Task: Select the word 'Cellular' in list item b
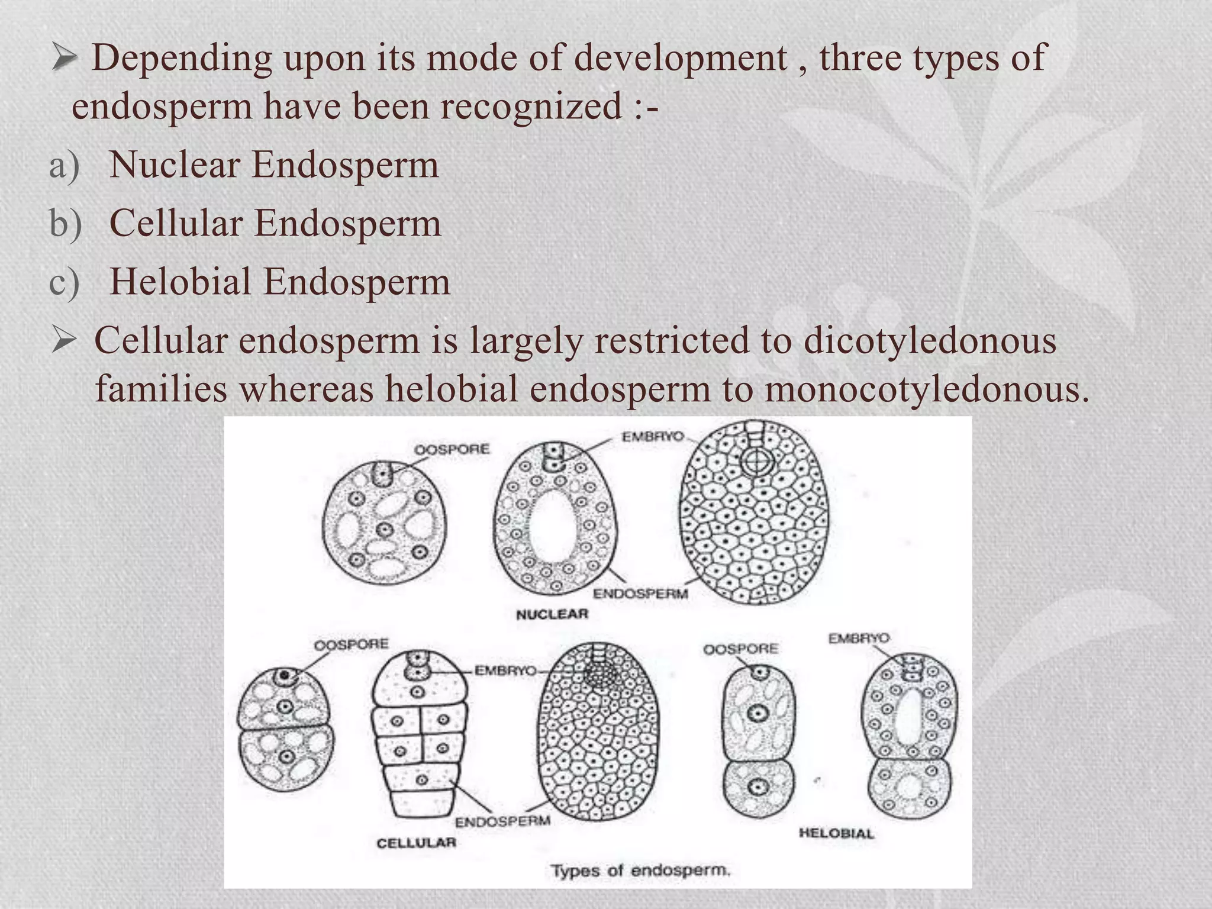pyautogui.click(x=176, y=224)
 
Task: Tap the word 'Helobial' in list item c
pyautogui.click(x=180, y=282)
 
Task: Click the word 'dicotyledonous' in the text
pyautogui.click(x=930, y=342)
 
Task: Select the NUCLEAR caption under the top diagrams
pyautogui.click(x=552, y=614)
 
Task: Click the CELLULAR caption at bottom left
pyautogui.click(x=417, y=842)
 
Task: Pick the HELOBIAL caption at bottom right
pyautogui.click(x=836, y=833)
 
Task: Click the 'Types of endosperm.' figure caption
pyautogui.click(x=641, y=871)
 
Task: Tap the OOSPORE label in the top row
pyautogui.click(x=452, y=450)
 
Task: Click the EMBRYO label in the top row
pyautogui.click(x=652, y=437)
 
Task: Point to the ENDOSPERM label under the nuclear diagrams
pyautogui.click(x=640, y=594)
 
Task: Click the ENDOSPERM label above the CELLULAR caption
pyautogui.click(x=502, y=821)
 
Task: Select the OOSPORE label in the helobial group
pyautogui.click(x=740, y=649)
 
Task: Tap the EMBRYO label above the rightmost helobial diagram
pyautogui.click(x=858, y=639)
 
